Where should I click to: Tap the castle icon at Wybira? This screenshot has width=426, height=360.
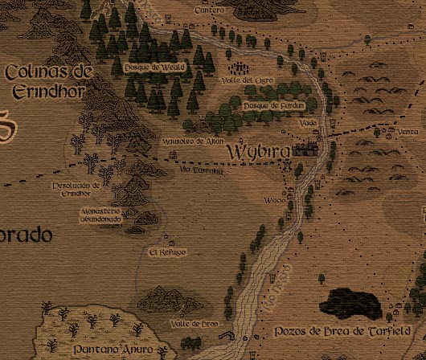point(305,149)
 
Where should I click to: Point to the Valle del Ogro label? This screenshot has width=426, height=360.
point(237,80)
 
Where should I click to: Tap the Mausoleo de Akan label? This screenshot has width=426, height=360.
point(192,139)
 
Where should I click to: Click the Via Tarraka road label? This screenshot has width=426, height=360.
point(196,170)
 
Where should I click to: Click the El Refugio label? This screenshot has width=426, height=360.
point(167,252)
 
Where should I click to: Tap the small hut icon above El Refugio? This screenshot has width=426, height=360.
point(168,239)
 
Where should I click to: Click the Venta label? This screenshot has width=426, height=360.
point(408,132)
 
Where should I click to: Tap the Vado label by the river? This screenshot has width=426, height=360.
point(307,123)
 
